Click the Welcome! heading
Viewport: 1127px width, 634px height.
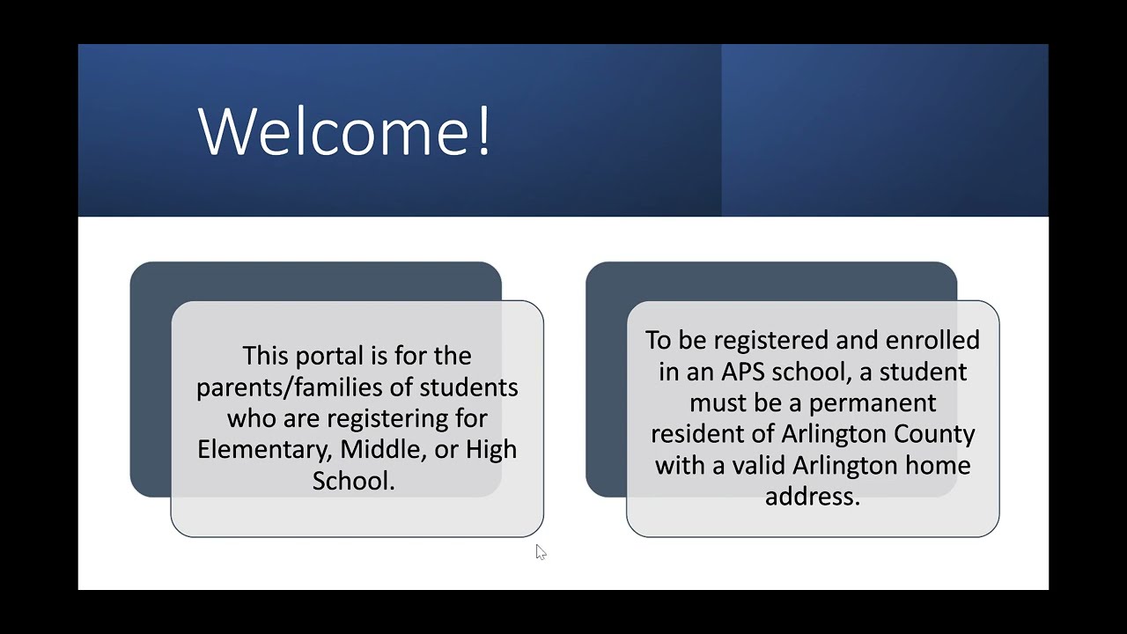[x=344, y=130]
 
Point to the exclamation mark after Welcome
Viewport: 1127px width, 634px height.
[x=483, y=130]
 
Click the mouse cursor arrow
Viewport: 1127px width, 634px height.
[x=540, y=551]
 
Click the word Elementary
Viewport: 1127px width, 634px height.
[x=265, y=449]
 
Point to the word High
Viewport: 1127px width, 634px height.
[x=490, y=449]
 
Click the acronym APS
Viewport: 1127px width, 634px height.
[x=743, y=372]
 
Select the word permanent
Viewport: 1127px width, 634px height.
[x=873, y=402]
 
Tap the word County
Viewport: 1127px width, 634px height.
[x=934, y=434]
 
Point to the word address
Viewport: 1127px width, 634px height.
[x=812, y=497]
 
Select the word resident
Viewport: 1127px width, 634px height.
[x=700, y=434]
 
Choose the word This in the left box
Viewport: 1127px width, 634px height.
[x=265, y=357]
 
